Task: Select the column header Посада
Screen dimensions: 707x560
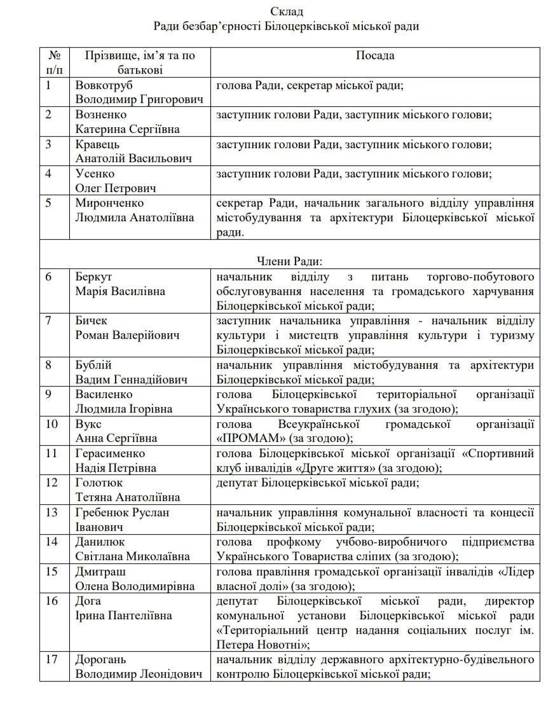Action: point(375,55)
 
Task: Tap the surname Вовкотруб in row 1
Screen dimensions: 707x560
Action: point(104,85)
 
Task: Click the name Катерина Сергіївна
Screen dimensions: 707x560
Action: point(127,129)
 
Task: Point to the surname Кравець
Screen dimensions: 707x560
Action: point(97,144)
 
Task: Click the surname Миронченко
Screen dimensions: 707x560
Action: point(109,203)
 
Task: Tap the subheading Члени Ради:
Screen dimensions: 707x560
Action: point(289,261)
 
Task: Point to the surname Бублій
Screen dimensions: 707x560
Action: point(93,365)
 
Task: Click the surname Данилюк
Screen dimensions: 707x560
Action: point(100,542)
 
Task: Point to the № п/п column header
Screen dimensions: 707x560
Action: point(55,62)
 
